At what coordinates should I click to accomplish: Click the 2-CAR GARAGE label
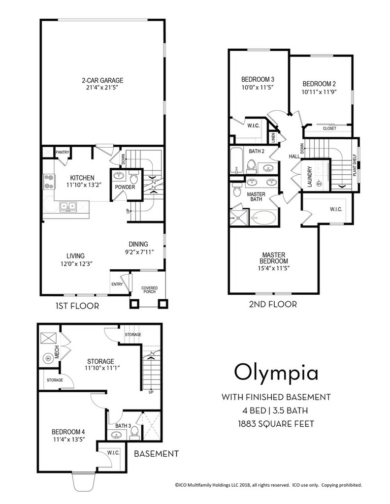(x=102, y=80)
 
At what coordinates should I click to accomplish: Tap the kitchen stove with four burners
(x=49, y=181)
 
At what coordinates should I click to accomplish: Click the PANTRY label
(x=63, y=152)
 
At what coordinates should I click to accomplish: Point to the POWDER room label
(x=125, y=187)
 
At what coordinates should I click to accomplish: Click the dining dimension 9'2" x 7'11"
(x=139, y=252)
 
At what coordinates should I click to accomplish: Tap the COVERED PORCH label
(x=150, y=289)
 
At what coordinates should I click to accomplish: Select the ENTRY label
(x=117, y=284)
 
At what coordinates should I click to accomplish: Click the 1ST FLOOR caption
(x=77, y=306)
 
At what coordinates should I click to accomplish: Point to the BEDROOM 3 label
(x=258, y=79)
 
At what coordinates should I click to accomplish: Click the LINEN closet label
(x=273, y=138)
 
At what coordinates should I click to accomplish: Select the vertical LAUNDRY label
(x=310, y=177)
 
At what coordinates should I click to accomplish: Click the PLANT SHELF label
(x=355, y=165)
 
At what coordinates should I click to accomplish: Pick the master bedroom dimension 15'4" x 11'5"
(x=274, y=268)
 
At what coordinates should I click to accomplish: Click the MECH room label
(x=57, y=351)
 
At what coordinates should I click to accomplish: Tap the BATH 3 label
(x=123, y=426)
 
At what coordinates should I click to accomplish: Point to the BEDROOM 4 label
(x=68, y=432)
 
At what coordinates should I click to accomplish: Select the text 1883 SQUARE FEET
(x=276, y=424)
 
